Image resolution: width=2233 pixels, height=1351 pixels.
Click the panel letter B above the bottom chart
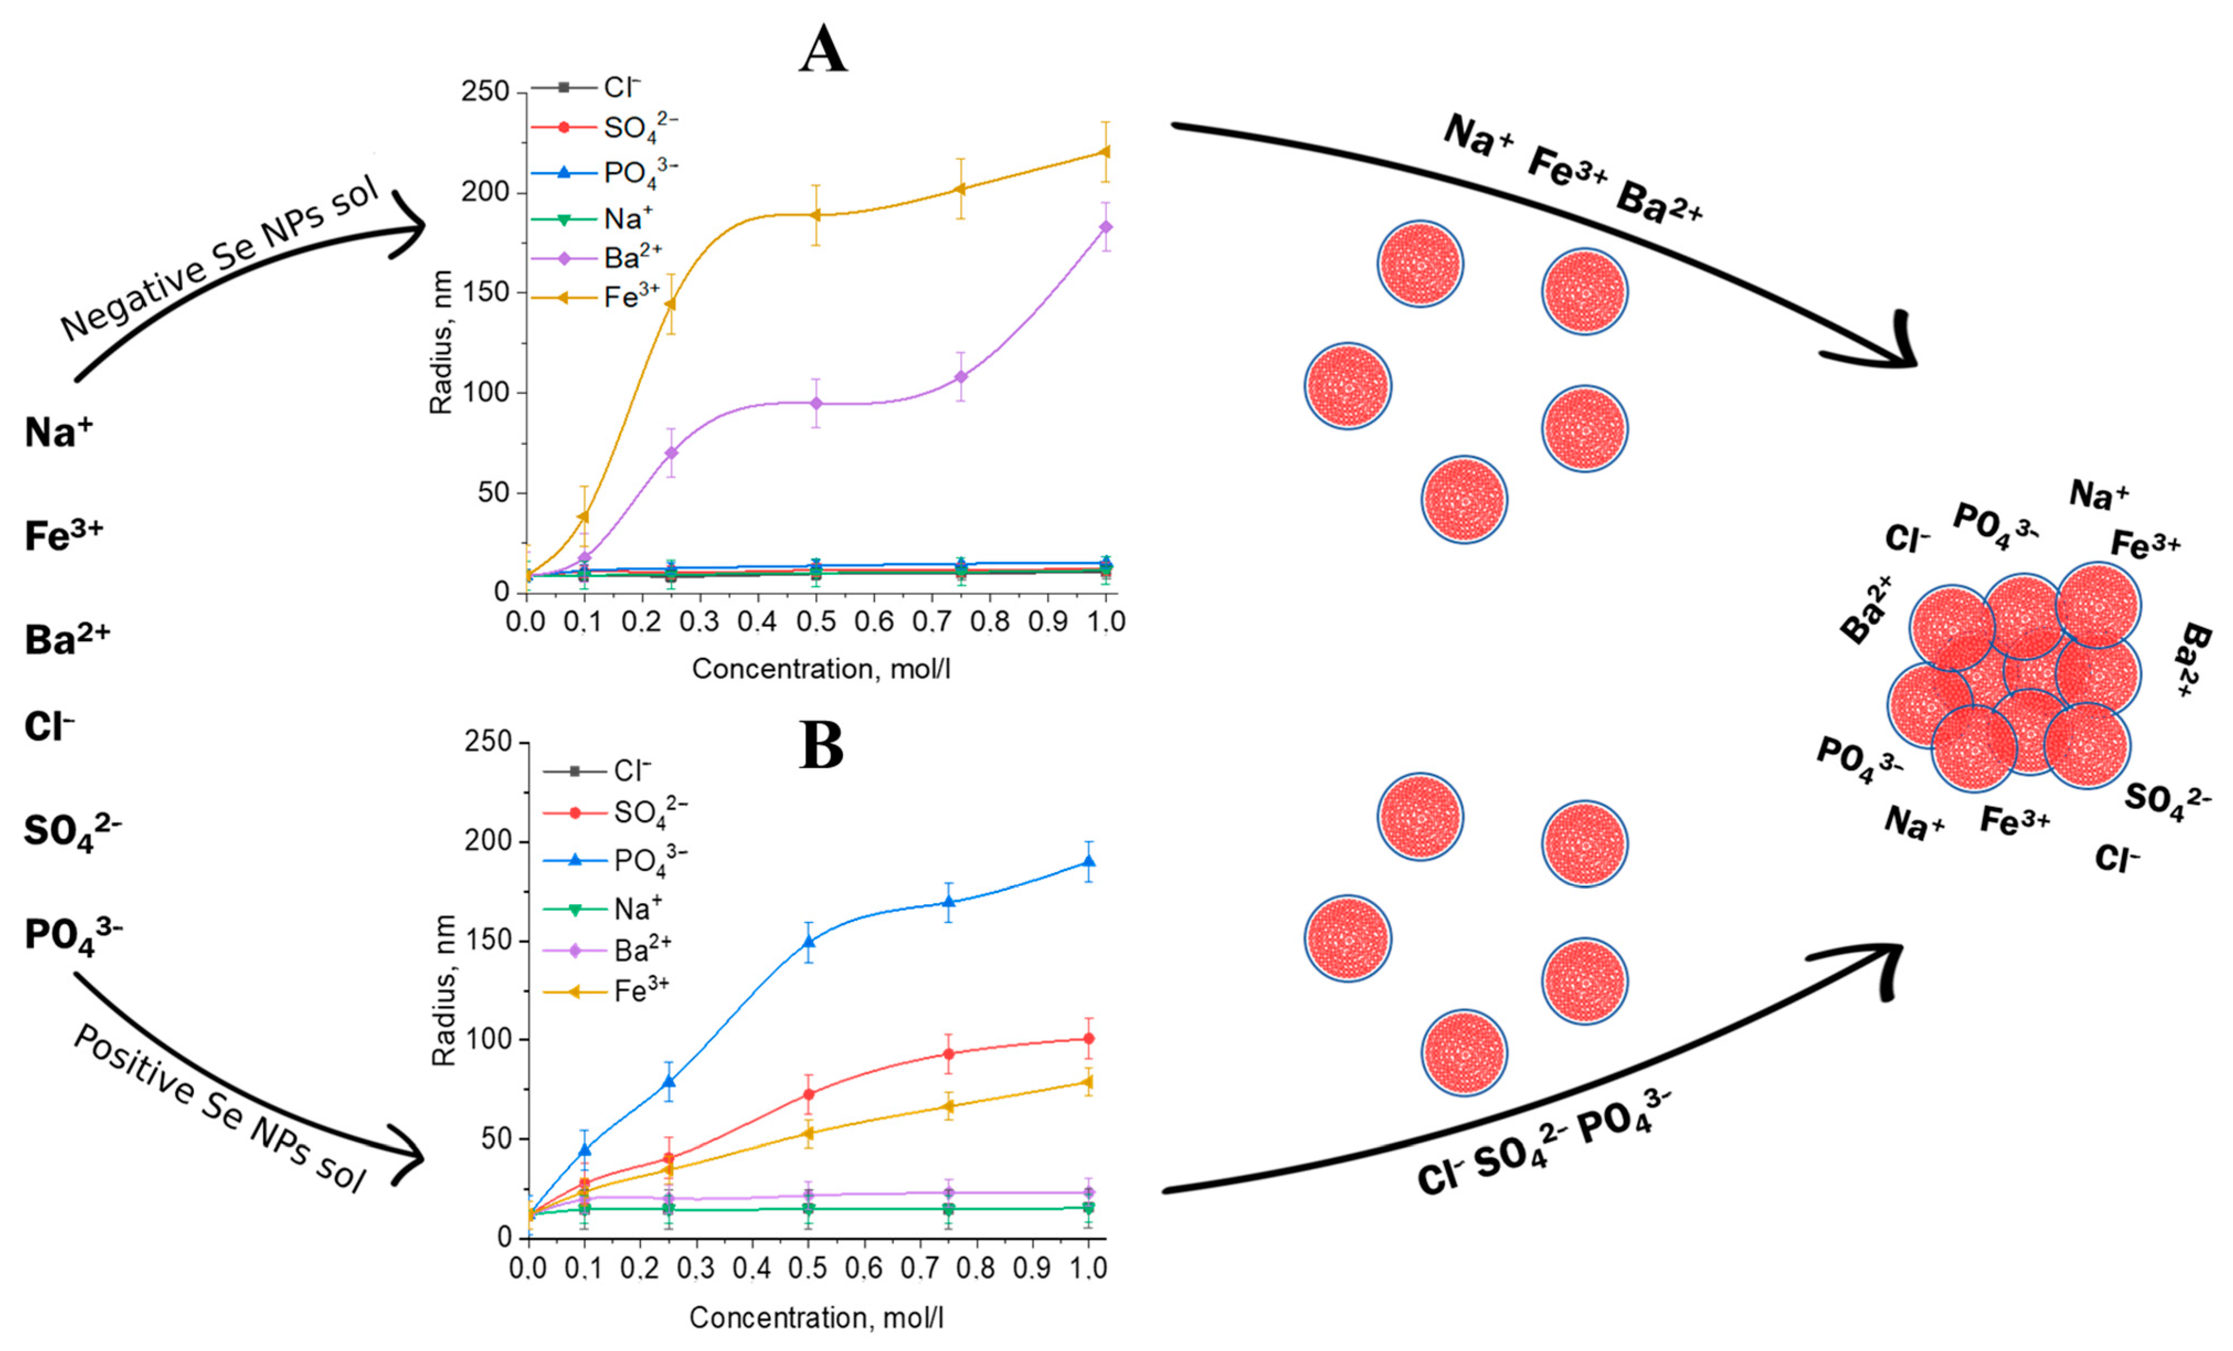coord(821,745)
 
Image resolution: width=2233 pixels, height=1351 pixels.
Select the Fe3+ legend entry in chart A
coord(631,297)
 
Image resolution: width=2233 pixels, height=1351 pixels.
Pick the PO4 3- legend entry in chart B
coord(649,859)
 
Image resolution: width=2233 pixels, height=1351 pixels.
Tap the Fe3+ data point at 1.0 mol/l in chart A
coord(1105,151)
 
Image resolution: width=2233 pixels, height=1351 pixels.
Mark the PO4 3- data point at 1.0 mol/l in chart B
coord(1089,862)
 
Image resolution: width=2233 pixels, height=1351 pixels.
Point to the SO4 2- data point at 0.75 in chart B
coord(949,1054)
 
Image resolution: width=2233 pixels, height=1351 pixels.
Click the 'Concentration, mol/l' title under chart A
coord(821,669)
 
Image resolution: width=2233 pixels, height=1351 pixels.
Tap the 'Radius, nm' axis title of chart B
coord(443,990)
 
